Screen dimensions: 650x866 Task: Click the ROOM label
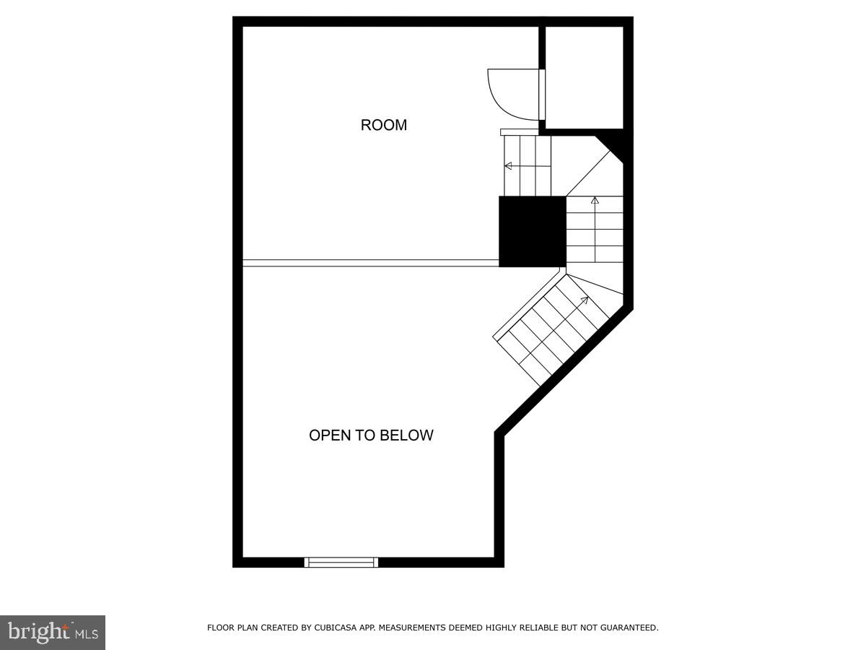click(383, 125)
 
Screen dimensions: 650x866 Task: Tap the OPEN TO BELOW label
click(371, 435)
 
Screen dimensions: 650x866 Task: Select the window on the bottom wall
click(341, 562)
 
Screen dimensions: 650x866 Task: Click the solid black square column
click(532, 231)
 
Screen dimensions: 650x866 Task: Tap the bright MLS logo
click(53, 633)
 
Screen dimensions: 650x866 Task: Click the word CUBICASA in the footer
click(334, 628)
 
